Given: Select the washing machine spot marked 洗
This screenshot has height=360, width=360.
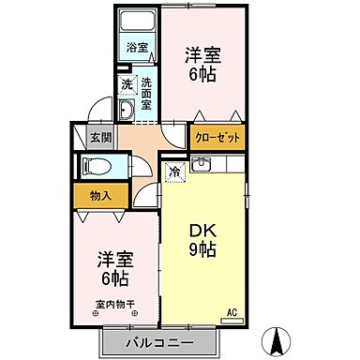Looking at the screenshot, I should pyautogui.click(x=127, y=85).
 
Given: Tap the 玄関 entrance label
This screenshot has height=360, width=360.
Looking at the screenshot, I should pyautogui.click(x=98, y=137).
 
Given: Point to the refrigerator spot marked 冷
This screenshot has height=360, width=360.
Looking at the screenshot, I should pyautogui.click(x=175, y=172).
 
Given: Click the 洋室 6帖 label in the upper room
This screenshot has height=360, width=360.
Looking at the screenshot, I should pyautogui.click(x=202, y=64).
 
